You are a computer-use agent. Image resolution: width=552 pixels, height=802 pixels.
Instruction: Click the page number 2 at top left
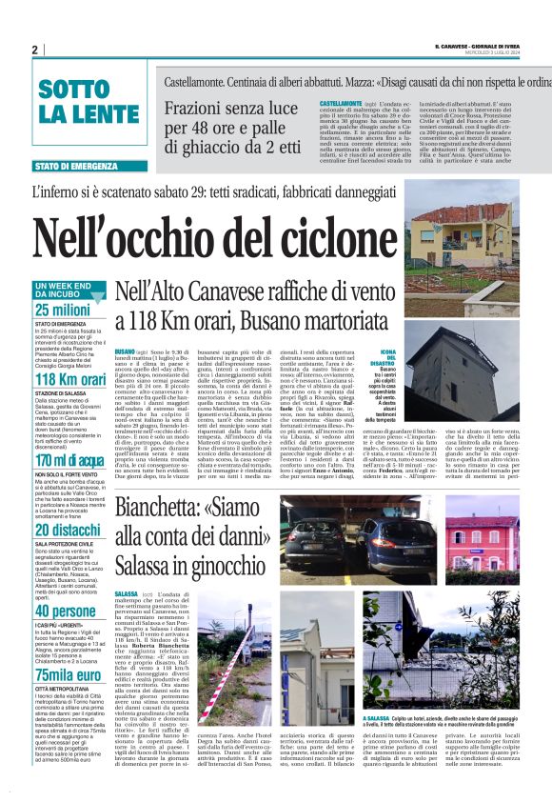[x=34, y=50]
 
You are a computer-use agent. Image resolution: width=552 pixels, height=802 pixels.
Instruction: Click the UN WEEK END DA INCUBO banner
[x=64, y=290]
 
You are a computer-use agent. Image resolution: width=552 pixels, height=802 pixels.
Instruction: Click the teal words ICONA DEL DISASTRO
[x=383, y=358]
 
